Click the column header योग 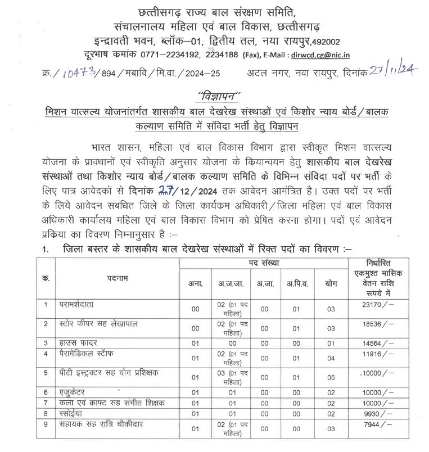(x=331, y=284)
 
